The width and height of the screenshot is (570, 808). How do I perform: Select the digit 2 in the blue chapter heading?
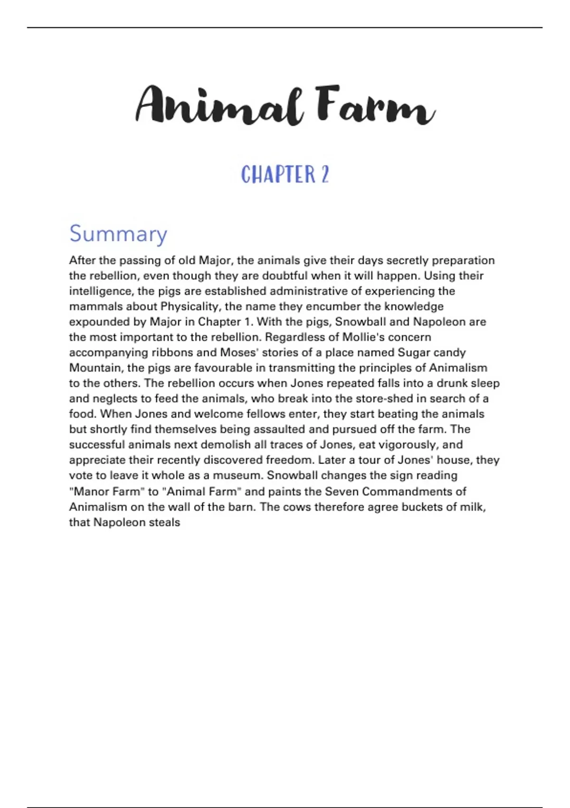tap(324, 174)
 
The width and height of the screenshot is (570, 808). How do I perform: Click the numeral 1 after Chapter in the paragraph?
tap(247, 322)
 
